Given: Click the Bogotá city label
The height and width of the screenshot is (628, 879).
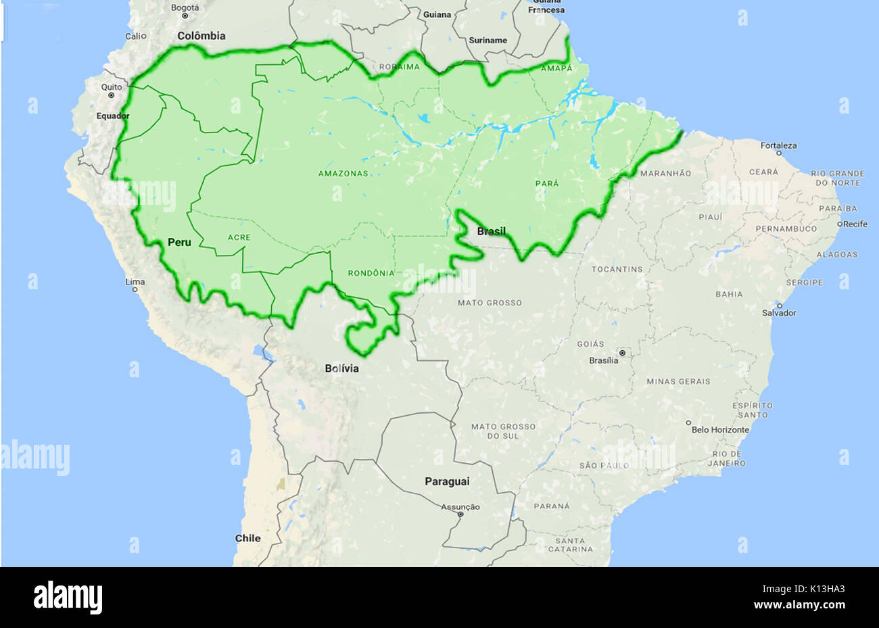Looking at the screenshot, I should pos(185,8).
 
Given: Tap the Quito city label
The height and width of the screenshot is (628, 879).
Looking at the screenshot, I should pos(112,87).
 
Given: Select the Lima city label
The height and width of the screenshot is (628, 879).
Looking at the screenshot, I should pos(135,281).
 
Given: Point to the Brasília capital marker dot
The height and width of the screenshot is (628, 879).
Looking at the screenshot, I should pos(622,353).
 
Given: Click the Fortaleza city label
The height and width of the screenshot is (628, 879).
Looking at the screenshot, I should pos(778,145).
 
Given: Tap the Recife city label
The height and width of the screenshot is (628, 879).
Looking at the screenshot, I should pos(855,224).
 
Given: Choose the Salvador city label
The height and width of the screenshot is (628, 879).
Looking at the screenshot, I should pos(779,313).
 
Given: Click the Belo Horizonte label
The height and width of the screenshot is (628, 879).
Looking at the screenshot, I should pos(720,429).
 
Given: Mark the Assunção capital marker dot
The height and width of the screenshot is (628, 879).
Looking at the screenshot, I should pos(460,514).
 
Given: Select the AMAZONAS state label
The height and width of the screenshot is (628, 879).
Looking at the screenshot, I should pos(343,174).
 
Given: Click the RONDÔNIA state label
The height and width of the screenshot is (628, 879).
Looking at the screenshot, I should pos(371,273).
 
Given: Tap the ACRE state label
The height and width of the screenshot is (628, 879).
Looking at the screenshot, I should pos(239,237).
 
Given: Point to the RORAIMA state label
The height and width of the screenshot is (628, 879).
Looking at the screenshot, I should pos(399,67).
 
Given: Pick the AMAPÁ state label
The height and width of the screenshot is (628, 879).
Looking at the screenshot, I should pos(556,69).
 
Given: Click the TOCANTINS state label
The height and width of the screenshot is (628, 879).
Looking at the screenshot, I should pos(617,269).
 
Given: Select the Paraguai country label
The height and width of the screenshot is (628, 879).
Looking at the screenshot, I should pos(446,481).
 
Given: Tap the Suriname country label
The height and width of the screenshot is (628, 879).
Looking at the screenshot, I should pos(488,41).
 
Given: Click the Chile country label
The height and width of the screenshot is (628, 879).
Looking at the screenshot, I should pos(247,538).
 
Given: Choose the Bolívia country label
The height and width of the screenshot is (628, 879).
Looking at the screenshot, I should pos(341,368).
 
